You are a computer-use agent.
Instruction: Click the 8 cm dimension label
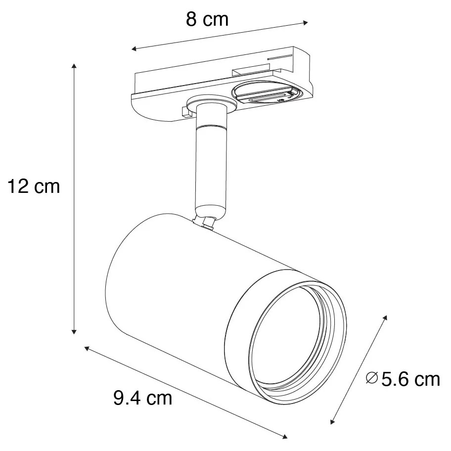(207, 19)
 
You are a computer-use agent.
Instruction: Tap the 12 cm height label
(33, 186)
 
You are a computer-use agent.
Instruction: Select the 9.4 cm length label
(143, 397)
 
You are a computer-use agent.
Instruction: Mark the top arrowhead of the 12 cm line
(74, 66)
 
